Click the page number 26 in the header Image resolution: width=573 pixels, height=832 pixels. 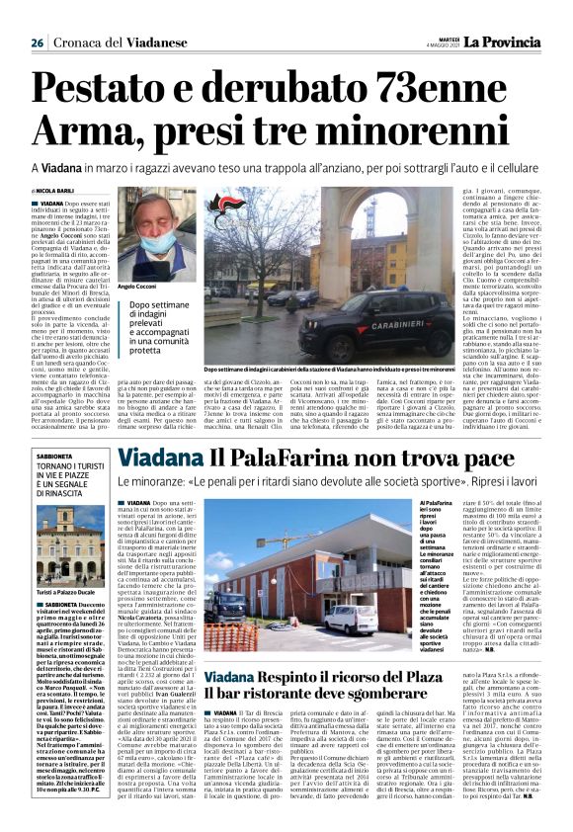36,43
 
